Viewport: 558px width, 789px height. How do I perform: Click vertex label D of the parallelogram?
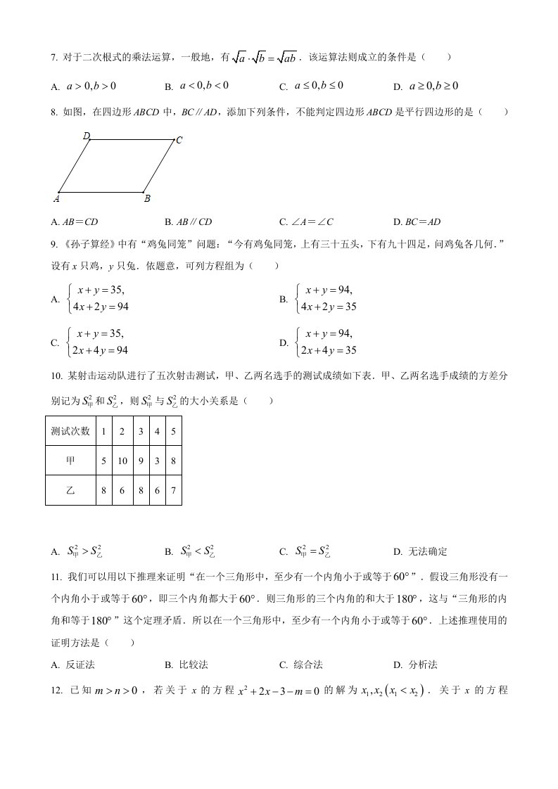click(86, 136)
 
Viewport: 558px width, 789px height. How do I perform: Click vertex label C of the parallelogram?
click(179, 140)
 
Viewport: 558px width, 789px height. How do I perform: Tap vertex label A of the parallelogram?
click(56, 199)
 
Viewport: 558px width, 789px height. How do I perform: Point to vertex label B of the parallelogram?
click(147, 199)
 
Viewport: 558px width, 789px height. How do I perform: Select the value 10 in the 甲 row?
click(122, 461)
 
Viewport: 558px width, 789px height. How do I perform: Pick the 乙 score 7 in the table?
click(173, 490)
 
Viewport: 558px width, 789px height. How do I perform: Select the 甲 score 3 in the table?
click(156, 461)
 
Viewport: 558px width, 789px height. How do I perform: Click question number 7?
click(55, 58)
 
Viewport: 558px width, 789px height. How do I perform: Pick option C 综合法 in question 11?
click(304, 665)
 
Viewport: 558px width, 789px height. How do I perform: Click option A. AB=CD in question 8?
click(75, 222)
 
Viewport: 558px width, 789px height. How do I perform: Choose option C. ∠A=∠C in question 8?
click(306, 222)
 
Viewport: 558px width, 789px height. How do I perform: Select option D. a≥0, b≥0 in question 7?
click(426, 86)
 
